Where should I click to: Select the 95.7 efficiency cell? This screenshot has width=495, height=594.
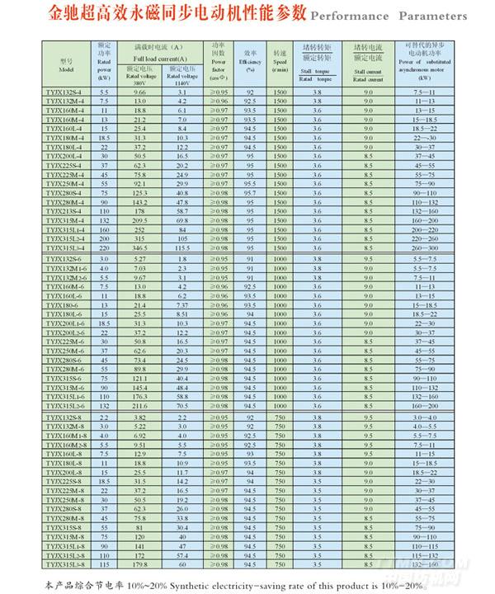250,193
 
